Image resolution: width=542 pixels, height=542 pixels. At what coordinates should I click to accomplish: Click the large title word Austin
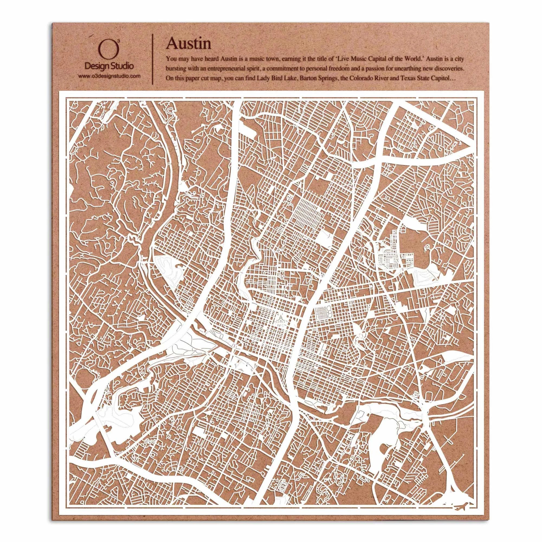[189, 44]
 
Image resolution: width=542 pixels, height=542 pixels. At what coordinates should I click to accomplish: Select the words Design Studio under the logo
[109, 66]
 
